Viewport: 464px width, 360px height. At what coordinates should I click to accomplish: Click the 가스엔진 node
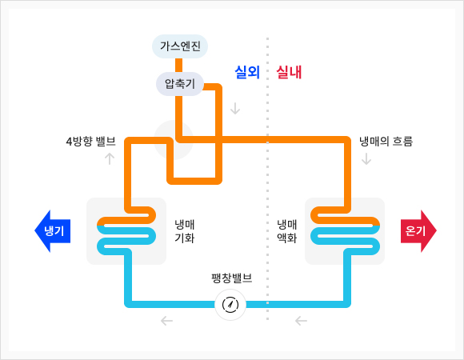point(180,46)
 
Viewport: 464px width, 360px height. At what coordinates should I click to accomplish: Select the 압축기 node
point(180,84)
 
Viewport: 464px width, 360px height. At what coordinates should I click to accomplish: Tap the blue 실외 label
point(247,72)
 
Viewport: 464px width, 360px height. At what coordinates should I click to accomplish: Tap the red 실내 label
point(289,72)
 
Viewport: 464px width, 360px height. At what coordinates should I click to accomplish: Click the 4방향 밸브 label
point(91,142)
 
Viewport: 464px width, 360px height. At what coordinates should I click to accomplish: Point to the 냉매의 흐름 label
point(386,142)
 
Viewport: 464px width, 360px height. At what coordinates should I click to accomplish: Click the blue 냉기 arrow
point(53,231)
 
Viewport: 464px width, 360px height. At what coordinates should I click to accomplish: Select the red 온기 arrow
point(418,231)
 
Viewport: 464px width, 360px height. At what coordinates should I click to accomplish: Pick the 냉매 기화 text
point(184,231)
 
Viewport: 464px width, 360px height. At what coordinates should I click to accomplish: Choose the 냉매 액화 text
point(286,231)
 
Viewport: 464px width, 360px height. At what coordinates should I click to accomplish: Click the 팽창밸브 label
point(232,278)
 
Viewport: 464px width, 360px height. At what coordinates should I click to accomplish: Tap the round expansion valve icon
point(230,305)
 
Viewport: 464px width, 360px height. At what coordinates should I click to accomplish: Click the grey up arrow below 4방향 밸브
point(110,158)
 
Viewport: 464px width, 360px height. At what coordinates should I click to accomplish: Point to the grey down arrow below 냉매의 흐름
point(366,158)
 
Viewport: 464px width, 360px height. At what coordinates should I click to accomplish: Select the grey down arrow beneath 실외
point(235,108)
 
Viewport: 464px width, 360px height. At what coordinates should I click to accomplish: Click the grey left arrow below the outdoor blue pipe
point(166,321)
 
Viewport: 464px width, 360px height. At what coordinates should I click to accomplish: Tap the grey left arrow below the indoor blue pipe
point(301,321)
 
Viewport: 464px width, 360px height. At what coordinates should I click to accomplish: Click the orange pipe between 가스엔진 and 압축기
point(178,65)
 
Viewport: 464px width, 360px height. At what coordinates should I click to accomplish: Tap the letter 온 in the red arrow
point(410,230)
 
